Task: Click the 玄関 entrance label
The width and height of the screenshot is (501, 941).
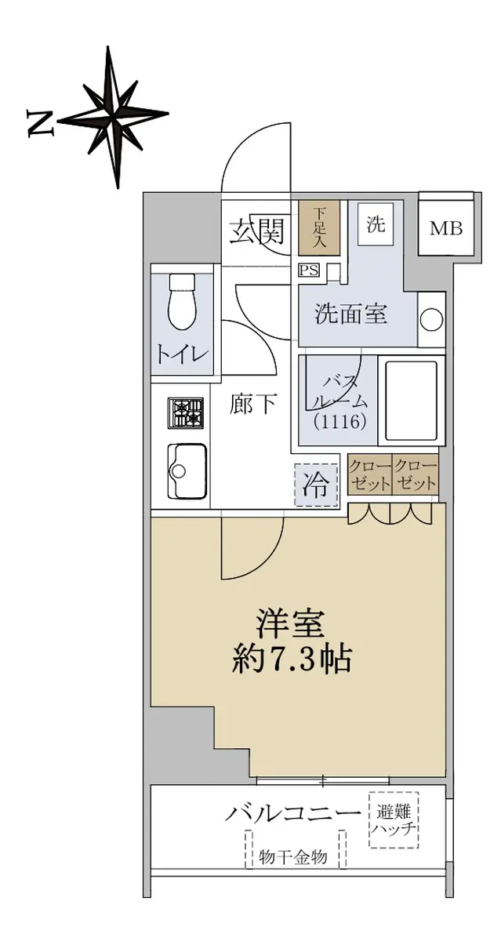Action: pos(257,231)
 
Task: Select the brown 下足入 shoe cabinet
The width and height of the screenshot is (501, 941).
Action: pos(319,228)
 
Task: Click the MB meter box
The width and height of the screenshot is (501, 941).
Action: pos(445,228)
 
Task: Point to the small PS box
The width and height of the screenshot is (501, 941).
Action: pos(309,271)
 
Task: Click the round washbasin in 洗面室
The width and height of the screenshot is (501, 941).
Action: pos(432,321)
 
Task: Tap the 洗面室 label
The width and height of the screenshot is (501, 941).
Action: pos(351,314)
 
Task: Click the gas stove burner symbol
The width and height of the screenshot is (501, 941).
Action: pos(186,413)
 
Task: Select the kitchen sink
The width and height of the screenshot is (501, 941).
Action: pos(187,471)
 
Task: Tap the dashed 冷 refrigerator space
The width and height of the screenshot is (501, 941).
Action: pos(316,485)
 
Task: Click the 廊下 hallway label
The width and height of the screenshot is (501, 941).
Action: pos(252,405)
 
